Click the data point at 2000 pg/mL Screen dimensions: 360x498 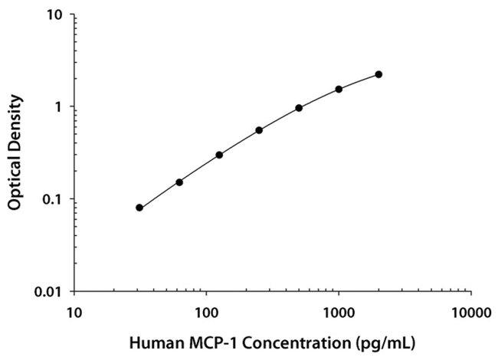(378, 74)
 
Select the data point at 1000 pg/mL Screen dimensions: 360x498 (339, 89)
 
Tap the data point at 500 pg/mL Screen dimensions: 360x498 (299, 108)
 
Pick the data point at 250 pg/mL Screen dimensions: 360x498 (259, 130)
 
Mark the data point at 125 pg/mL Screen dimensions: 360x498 (219, 155)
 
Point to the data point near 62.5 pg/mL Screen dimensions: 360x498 (179, 182)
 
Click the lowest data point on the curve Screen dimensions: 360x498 (139, 208)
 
